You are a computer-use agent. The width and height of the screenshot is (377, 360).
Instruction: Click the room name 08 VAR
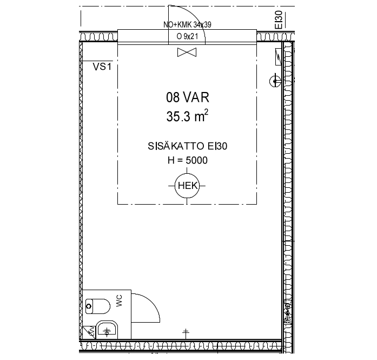point(188,97)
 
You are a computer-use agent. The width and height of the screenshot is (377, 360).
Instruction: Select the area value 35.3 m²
point(187,116)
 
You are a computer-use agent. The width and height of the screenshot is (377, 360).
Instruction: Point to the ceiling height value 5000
point(197,160)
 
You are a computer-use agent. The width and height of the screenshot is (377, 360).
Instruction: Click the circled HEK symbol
point(187,186)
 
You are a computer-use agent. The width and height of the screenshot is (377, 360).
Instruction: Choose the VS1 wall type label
point(102,67)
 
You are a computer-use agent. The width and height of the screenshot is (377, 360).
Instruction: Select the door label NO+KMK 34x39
point(187,24)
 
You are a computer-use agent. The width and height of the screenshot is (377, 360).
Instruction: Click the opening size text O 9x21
point(187,36)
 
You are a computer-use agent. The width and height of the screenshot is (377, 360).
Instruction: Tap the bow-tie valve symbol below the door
point(187,52)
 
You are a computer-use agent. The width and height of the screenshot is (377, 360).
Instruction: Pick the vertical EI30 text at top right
point(279,20)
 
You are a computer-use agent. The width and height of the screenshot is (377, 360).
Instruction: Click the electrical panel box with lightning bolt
point(278,56)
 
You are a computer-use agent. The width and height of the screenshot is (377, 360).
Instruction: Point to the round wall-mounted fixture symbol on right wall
point(275,81)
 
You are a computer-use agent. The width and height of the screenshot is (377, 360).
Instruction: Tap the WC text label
point(119,301)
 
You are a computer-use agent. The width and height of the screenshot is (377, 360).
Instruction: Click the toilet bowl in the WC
point(97,306)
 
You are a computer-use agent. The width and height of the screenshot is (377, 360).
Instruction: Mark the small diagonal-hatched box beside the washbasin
point(89,332)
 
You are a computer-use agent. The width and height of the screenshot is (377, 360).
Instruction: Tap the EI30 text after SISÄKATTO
point(217,146)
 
